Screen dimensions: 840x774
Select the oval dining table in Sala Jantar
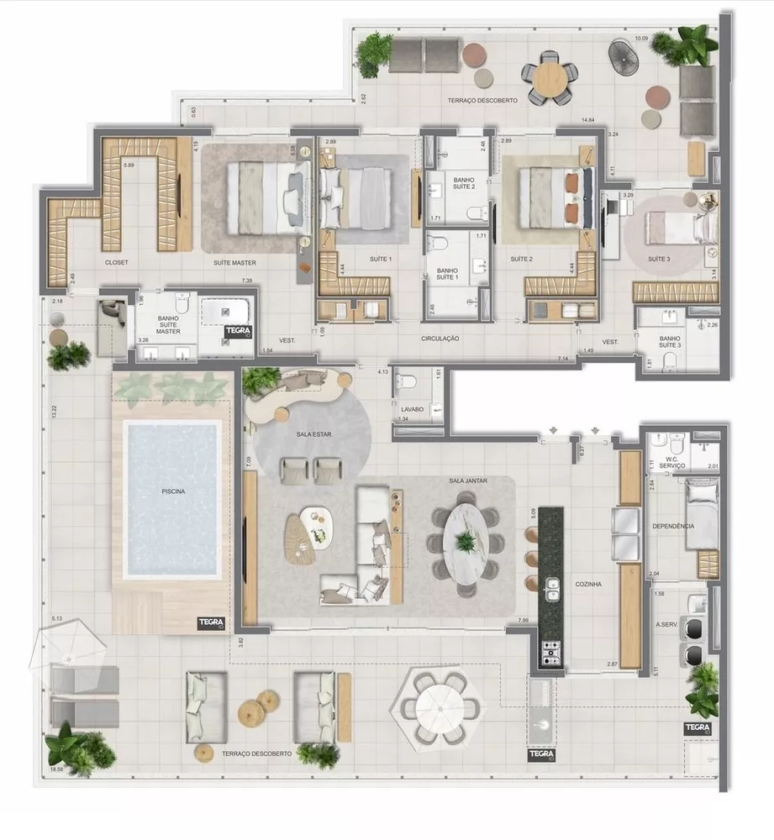(x=465, y=542)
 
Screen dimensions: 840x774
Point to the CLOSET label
(x=116, y=262)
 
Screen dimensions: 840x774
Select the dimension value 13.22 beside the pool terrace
(x=53, y=412)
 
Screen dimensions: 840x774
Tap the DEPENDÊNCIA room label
(x=673, y=526)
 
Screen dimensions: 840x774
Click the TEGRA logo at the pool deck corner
(x=209, y=622)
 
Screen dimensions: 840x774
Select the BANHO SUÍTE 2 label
(x=462, y=184)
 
